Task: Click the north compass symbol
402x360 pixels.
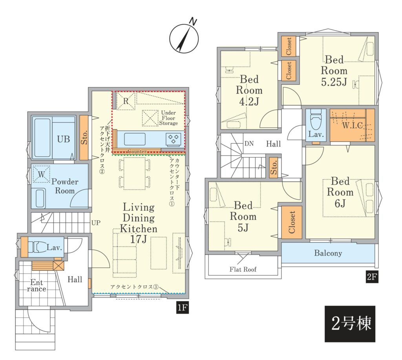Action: click(x=184, y=38)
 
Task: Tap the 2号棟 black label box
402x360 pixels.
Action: click(x=350, y=323)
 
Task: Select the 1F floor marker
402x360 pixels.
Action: click(x=182, y=307)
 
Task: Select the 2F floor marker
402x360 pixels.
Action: click(x=372, y=277)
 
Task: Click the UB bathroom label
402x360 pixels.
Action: click(x=63, y=140)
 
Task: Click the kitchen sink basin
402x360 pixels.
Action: click(x=135, y=140)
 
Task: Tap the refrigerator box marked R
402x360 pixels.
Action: click(x=126, y=101)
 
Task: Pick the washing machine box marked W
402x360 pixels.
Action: click(x=41, y=174)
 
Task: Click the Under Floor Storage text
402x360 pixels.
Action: click(x=168, y=118)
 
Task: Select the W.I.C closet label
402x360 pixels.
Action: click(x=353, y=125)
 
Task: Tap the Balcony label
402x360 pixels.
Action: click(x=328, y=253)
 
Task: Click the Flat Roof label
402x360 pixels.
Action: click(x=243, y=269)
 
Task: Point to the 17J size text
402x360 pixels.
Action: click(x=139, y=239)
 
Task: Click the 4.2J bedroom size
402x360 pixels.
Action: click(x=249, y=102)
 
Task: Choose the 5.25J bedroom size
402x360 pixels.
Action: click(x=334, y=82)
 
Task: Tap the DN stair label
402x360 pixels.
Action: click(x=249, y=143)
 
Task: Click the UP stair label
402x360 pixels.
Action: click(x=96, y=223)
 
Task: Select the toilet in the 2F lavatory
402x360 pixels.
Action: click(x=316, y=119)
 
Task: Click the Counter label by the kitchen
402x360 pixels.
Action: click(x=137, y=151)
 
